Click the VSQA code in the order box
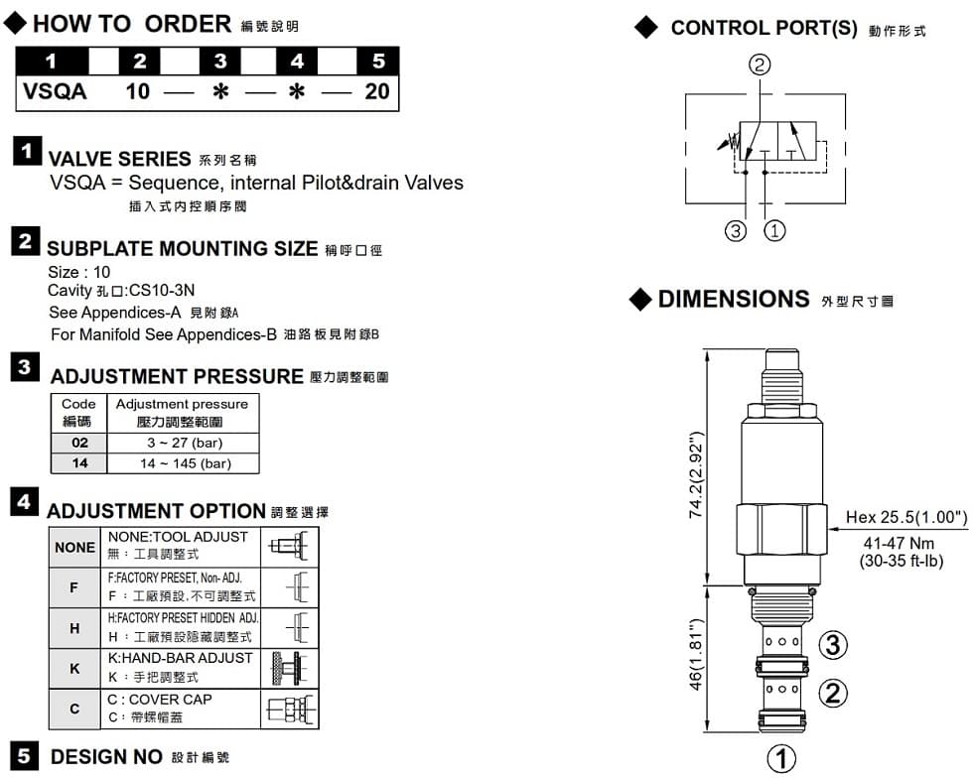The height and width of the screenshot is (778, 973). (56, 92)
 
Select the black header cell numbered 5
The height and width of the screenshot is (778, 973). (377, 61)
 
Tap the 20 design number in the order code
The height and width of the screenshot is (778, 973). (377, 92)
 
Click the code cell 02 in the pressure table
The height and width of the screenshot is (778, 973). (78, 443)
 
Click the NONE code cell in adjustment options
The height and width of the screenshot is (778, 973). (75, 548)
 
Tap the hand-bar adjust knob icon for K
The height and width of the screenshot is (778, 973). (289, 669)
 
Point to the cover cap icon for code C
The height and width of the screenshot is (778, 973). (289, 710)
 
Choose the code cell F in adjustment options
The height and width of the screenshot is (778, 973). (75, 588)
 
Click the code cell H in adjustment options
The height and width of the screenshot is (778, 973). (75, 628)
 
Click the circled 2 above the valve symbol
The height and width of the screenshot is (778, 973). (760, 65)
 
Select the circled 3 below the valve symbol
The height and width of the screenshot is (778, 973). (735, 231)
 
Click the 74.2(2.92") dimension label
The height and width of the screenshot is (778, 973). (696, 474)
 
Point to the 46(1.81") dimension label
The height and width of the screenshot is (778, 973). (696, 659)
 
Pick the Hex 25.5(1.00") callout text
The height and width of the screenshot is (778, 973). (906, 517)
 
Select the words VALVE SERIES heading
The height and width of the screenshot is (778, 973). (119, 159)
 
